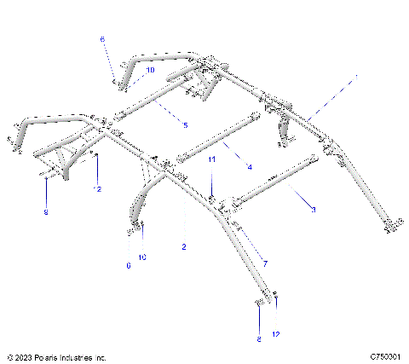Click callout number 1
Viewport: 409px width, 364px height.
[x=356, y=78]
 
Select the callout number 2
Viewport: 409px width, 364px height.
[x=183, y=246]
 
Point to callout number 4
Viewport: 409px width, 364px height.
[x=249, y=167]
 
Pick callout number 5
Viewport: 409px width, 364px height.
[x=185, y=125]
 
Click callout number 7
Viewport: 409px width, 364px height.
[x=265, y=263]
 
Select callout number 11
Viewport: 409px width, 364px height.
[x=212, y=160]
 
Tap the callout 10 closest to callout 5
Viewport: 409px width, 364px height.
[x=150, y=71]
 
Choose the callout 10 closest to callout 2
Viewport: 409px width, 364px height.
[x=142, y=257]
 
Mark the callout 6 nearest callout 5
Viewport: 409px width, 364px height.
[x=102, y=39]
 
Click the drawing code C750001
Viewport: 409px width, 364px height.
[x=386, y=357]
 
